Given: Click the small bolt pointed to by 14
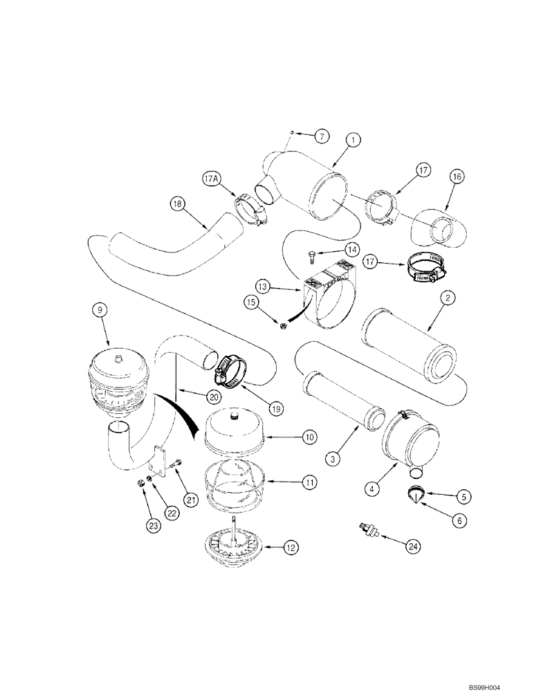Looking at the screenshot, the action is click(x=313, y=258).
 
